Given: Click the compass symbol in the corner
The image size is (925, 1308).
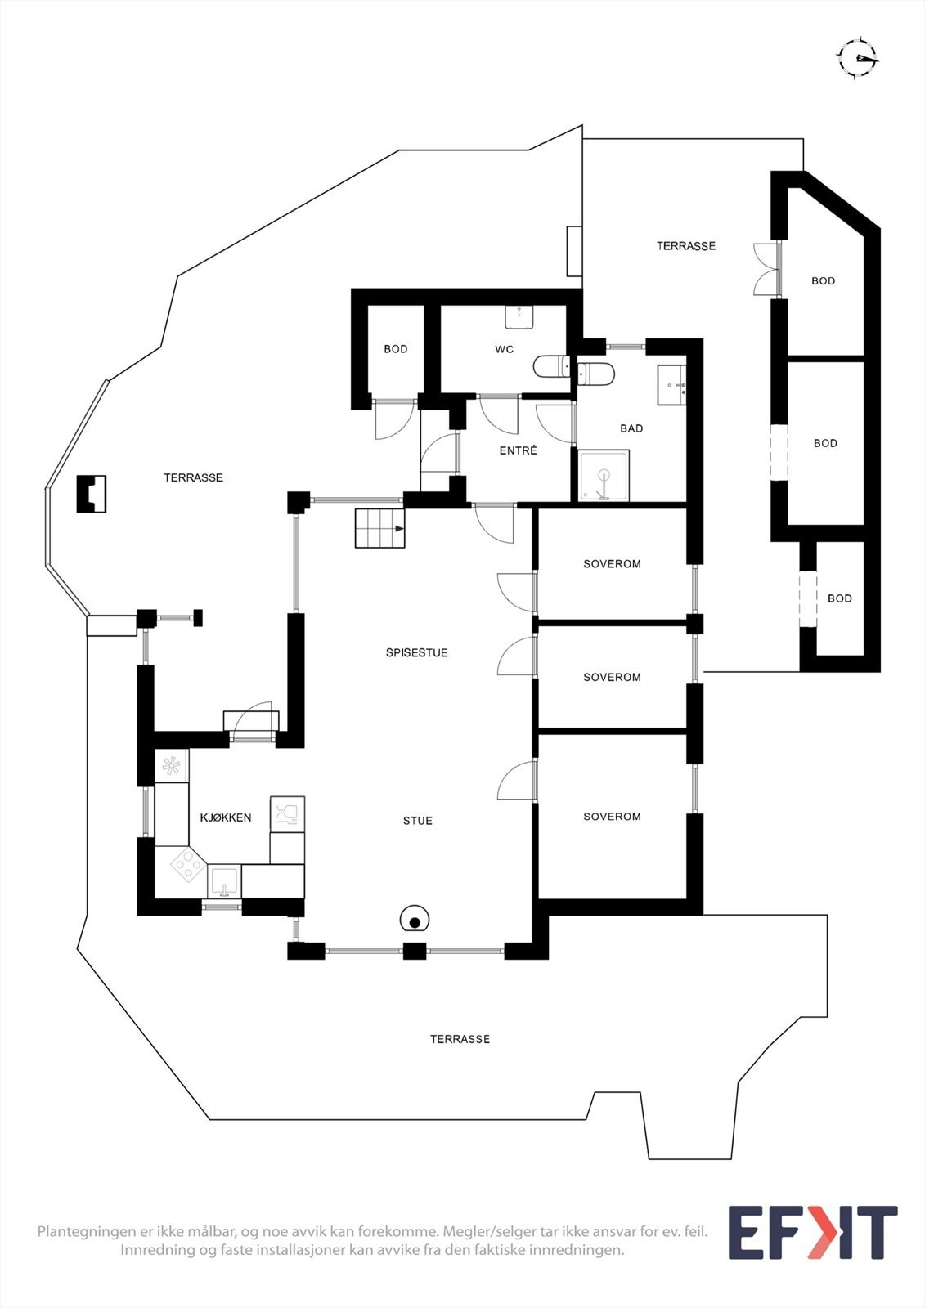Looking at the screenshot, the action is tap(857, 58).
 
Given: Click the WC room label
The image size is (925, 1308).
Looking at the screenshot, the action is tap(505, 349).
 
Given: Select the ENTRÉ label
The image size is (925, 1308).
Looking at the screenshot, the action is tap(519, 450).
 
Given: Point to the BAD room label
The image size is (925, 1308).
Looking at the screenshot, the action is tap(631, 428).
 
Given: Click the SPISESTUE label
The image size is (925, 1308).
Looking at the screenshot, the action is tap(416, 653).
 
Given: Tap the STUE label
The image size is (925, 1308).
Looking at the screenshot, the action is tap(418, 821).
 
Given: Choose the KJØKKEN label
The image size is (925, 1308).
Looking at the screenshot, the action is tap(226, 817).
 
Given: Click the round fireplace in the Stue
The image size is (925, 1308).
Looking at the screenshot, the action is tap(415, 921).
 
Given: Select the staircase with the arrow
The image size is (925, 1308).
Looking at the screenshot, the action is tap(379, 528).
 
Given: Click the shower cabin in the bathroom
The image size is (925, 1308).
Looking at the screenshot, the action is tap(604, 475).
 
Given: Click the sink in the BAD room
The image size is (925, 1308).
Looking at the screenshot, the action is tap(672, 385).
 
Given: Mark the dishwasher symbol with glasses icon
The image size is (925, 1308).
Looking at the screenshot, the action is tap(287, 814).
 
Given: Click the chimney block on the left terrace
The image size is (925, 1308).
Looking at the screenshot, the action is tap(92, 495).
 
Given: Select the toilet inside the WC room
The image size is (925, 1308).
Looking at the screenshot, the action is tap(550, 367).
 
